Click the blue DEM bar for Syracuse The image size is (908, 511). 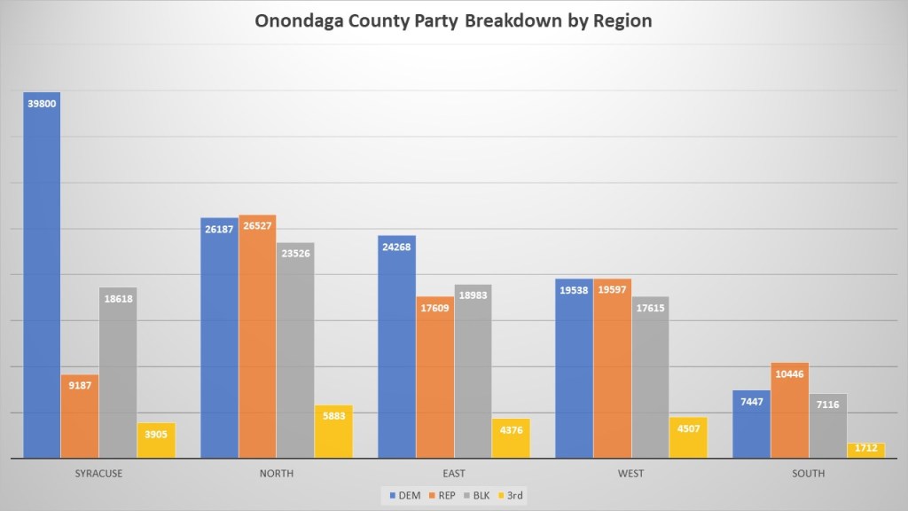pos(42,275)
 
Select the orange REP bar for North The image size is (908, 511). pos(257,337)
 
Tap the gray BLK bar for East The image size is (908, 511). pos(473,372)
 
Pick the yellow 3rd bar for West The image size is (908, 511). pos(688,437)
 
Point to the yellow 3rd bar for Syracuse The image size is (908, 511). pos(156,440)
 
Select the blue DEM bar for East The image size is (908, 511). pos(396,347)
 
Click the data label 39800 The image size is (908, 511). pos(43,104)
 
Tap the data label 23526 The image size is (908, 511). pos(295,255)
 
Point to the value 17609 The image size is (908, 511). pos(434,309)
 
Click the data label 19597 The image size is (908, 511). pos(612,290)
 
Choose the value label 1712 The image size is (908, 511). pos(865,448)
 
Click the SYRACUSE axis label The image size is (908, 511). pos(99,474)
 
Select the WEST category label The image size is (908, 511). pos(630,474)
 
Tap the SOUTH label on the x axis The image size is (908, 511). pos(808,474)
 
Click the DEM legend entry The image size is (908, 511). pos(408,495)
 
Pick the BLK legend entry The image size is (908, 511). pos(479,495)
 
